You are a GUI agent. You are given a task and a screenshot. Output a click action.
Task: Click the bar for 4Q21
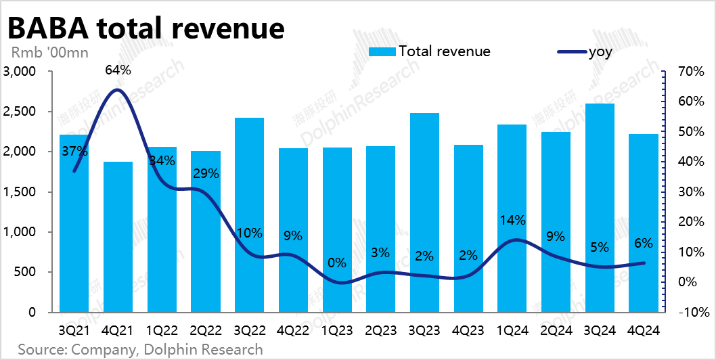point(118,237)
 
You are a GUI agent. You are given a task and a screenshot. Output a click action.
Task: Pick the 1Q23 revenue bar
point(336,230)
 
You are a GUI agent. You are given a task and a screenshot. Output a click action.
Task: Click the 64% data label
point(118,69)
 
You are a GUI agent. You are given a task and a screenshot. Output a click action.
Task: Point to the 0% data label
point(336,263)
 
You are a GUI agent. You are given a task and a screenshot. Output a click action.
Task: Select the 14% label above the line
point(512,220)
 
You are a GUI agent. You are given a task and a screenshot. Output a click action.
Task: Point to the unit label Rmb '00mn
point(49,51)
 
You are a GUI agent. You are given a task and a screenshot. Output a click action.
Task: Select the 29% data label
point(205,174)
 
